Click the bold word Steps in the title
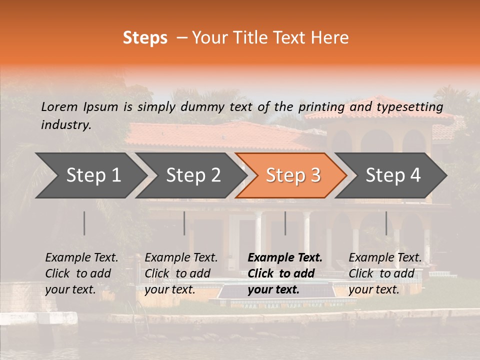145,38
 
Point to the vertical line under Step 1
84,223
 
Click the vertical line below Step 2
184,223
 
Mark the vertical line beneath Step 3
285,223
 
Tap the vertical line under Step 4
386,223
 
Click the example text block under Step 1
81,273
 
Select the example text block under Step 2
181,273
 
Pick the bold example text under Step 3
284,273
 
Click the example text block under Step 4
384,273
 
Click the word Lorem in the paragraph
59,106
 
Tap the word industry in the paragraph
65,125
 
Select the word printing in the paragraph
319,107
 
